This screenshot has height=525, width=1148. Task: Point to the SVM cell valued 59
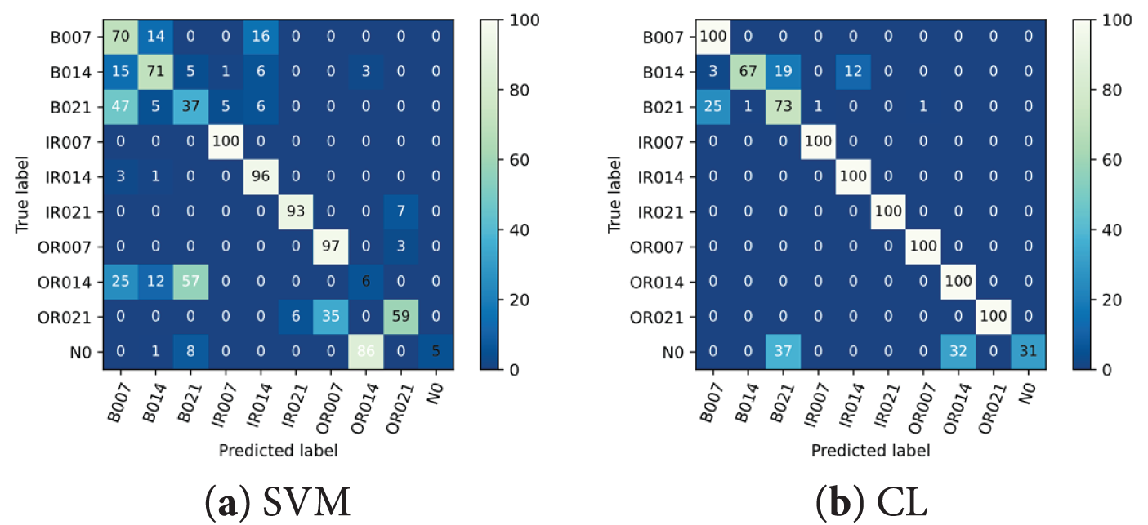coord(402,317)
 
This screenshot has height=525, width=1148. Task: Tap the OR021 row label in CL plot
coord(659,317)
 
